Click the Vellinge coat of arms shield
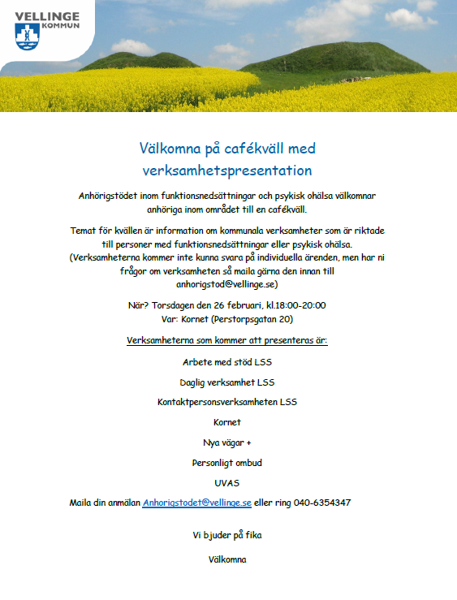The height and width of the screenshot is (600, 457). [x=26, y=36]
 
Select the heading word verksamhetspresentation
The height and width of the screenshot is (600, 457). [x=227, y=171]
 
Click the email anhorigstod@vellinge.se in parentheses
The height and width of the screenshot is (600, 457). [x=227, y=284]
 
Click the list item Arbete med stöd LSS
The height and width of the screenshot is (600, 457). [x=227, y=362]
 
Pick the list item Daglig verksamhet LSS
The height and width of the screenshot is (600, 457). [x=227, y=382]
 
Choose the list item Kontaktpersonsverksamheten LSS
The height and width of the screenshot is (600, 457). [x=227, y=402]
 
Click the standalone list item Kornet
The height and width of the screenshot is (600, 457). [x=227, y=422]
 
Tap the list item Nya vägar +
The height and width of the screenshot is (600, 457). [x=227, y=442]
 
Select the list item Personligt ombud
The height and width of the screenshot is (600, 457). [x=227, y=463]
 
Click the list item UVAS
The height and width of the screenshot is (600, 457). [x=227, y=483]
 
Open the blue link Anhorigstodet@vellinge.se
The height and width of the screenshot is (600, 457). [x=197, y=503]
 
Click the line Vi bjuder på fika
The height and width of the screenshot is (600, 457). [x=227, y=535]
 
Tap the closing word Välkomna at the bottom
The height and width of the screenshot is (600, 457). [x=227, y=559]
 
